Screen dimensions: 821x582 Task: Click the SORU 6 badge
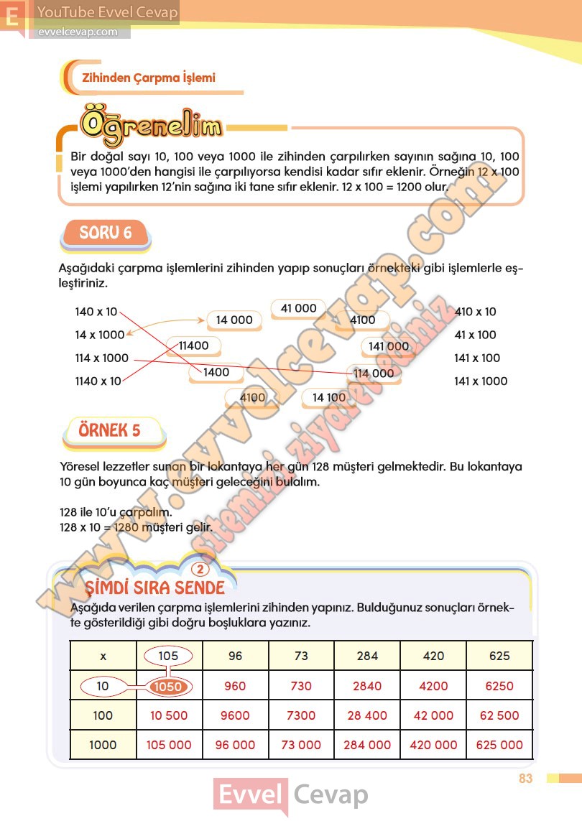coord(106,233)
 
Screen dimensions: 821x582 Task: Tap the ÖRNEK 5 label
coord(110,431)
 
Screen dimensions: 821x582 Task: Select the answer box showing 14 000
coord(234,320)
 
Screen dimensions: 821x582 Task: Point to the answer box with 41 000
coord(298,308)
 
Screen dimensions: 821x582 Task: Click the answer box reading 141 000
coord(388,346)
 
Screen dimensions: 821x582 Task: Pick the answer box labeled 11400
coord(193,345)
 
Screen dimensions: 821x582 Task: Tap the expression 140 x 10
coord(96,312)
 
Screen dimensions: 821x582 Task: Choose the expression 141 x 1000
coord(480,381)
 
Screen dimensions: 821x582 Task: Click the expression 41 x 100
coord(475,335)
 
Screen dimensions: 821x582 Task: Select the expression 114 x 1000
coord(101,358)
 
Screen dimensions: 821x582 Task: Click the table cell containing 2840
coord(367,686)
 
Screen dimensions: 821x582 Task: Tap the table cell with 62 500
coord(499,715)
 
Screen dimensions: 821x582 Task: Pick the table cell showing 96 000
coord(235,745)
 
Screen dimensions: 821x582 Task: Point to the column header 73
coord(301,656)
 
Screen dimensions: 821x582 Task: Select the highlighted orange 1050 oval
coord(168,686)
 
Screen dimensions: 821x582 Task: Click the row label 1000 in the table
coord(103,745)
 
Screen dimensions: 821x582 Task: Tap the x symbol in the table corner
coord(103,656)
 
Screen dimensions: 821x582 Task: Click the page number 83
coord(525,778)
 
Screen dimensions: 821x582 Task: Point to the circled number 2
coord(201,570)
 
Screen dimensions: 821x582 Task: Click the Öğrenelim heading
coord(151,125)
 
